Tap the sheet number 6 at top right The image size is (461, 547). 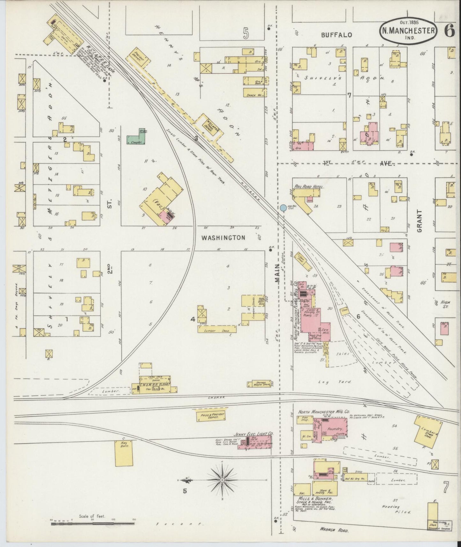449,31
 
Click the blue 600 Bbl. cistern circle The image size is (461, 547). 283,208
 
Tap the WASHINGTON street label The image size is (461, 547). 223,237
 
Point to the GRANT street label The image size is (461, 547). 419,221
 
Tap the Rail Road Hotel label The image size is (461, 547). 309,187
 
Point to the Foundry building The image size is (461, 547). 334,429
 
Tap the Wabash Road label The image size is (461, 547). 334,530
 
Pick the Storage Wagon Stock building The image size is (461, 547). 261,384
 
